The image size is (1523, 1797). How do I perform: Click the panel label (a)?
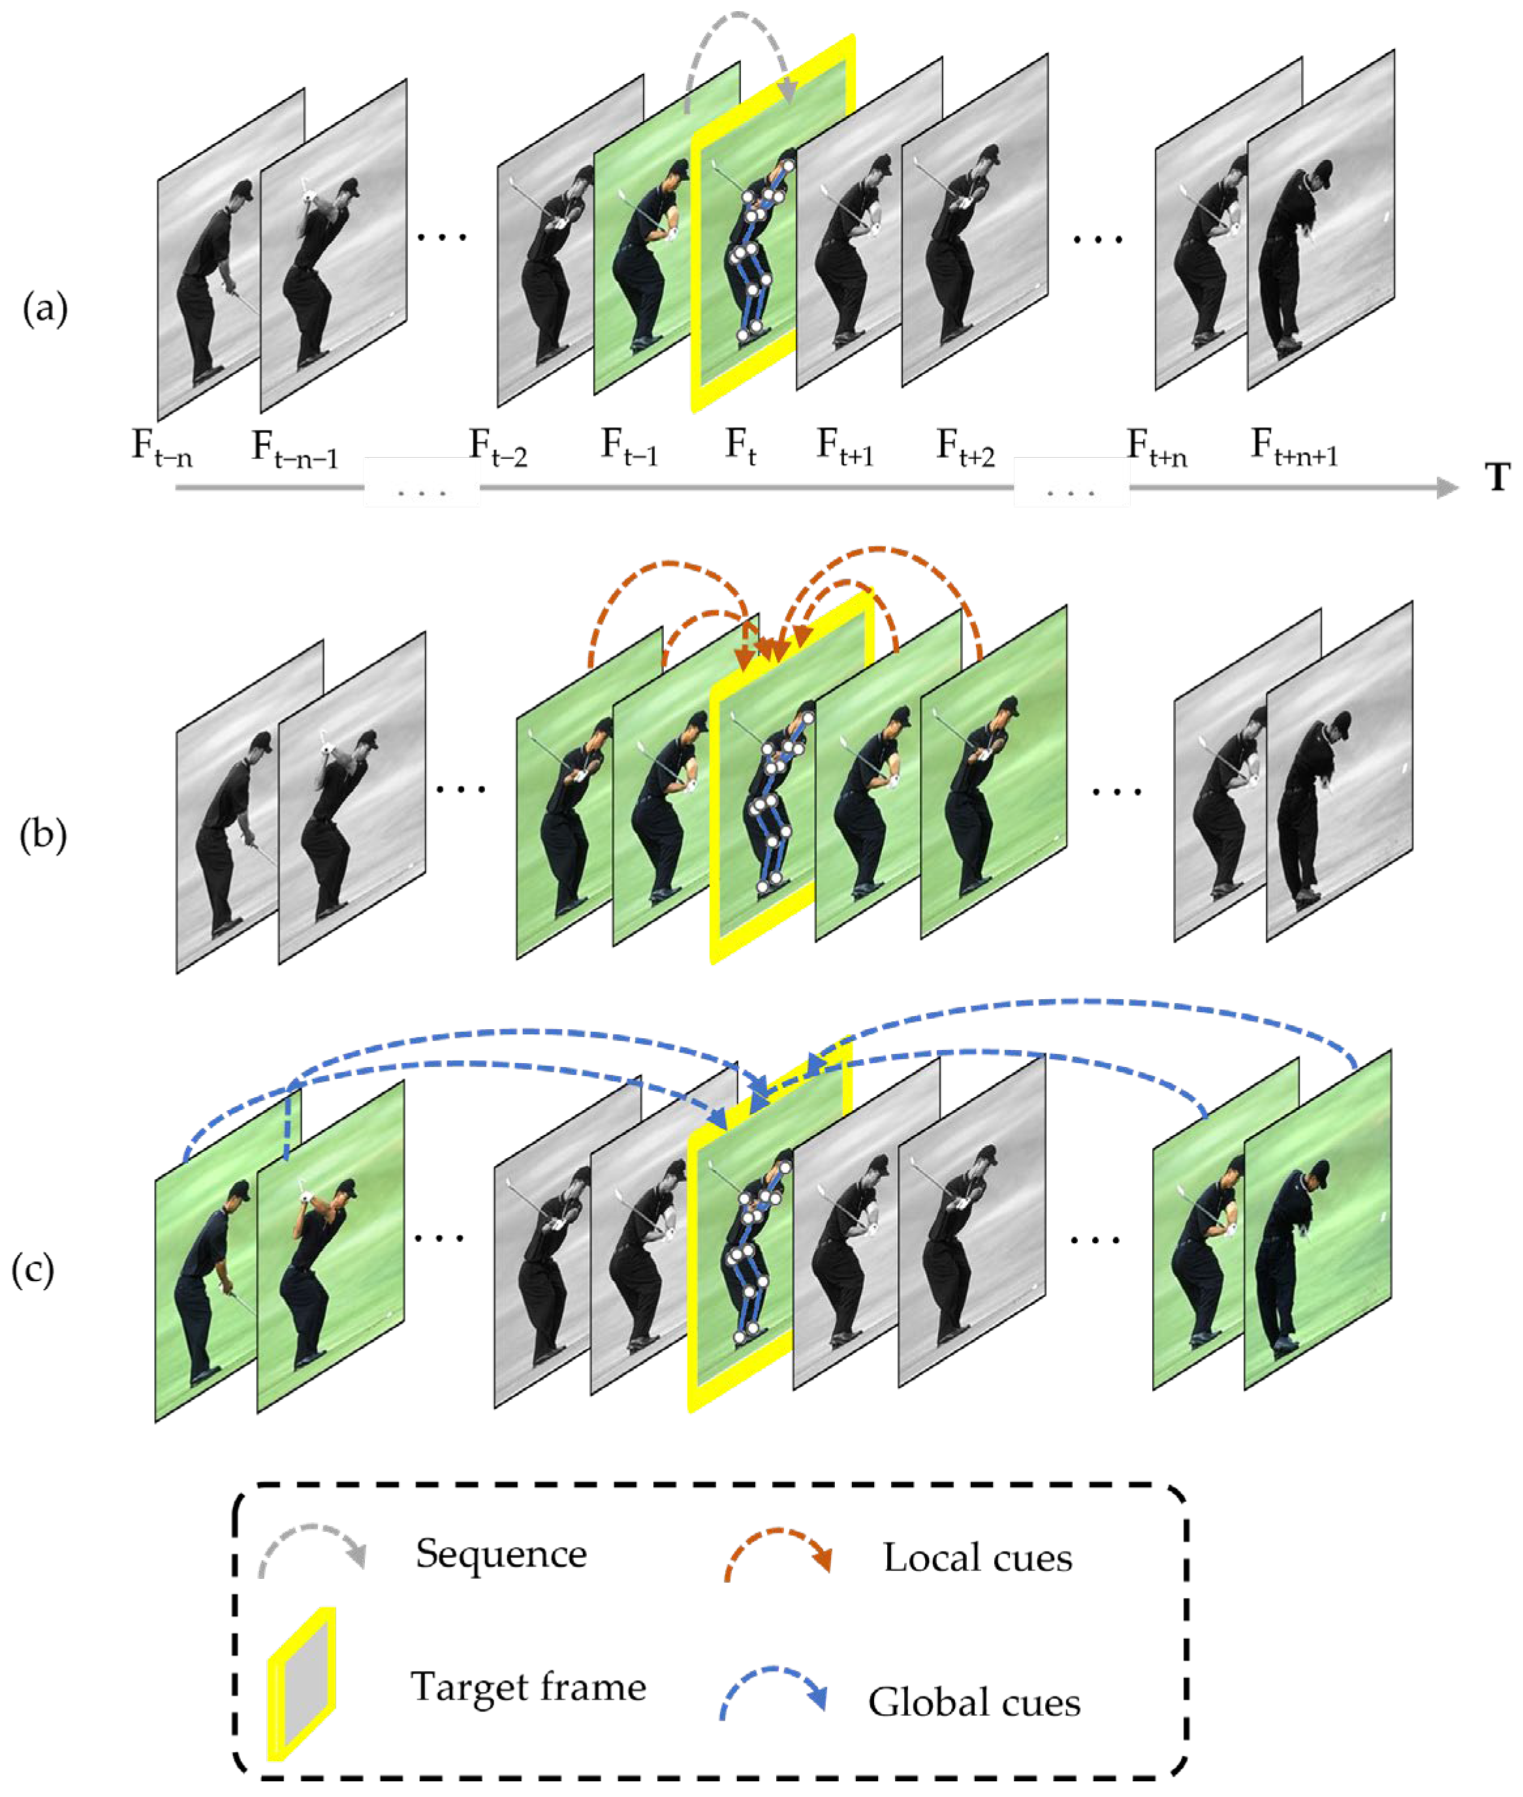tap(45, 309)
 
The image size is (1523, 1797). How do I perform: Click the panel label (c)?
tap(33, 1269)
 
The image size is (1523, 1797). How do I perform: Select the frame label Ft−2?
tap(498, 448)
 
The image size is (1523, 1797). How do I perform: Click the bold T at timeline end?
tap(1498, 477)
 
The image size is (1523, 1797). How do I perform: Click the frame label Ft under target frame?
tap(740, 447)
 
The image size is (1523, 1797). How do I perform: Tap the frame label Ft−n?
tap(161, 448)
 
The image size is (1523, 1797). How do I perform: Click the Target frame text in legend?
tap(528, 1687)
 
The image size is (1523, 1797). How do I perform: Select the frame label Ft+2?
tap(966, 448)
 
